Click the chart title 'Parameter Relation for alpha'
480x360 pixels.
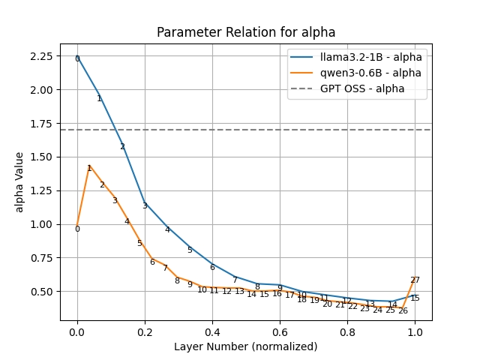point(246,32)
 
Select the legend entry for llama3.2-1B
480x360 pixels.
point(370,57)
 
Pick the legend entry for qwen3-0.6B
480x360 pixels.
point(370,73)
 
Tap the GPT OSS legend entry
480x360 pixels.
point(362,88)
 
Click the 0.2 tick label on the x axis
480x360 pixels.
point(145,331)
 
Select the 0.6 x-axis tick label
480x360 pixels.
point(280,331)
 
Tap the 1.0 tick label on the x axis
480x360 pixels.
point(415,331)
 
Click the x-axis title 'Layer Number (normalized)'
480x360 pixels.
point(246,346)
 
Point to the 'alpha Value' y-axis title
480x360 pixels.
point(19,182)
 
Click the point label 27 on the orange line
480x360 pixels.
point(415,280)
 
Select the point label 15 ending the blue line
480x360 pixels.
point(415,298)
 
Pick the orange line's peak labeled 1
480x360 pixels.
point(89,169)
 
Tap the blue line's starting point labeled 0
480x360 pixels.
point(77,58)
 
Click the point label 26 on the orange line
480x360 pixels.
point(403,310)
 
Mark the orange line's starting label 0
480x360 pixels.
point(77,229)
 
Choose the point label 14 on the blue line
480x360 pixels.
point(392,305)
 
